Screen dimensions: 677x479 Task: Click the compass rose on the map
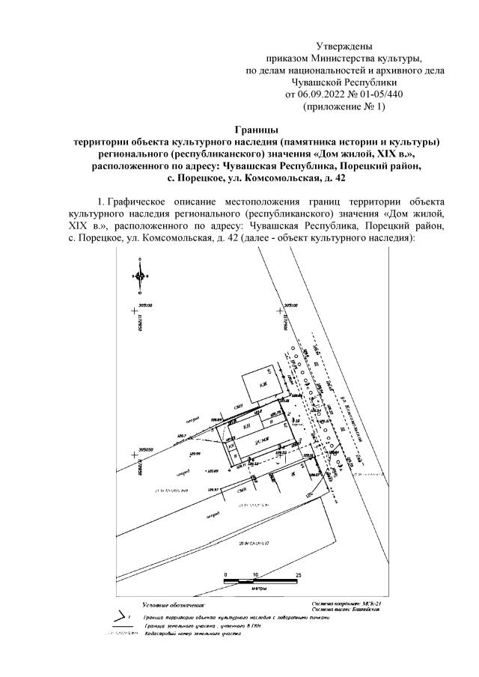140,276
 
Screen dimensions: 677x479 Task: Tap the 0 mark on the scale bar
225,574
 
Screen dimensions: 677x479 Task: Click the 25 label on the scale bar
299,574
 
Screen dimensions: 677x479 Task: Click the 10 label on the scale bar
257,574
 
